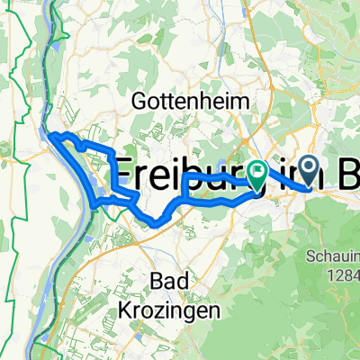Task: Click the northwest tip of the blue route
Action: pyautogui.click(x=49, y=135)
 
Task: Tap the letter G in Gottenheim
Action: pyautogui.click(x=139, y=100)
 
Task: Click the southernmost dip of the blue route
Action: pyautogui.click(x=155, y=223)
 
